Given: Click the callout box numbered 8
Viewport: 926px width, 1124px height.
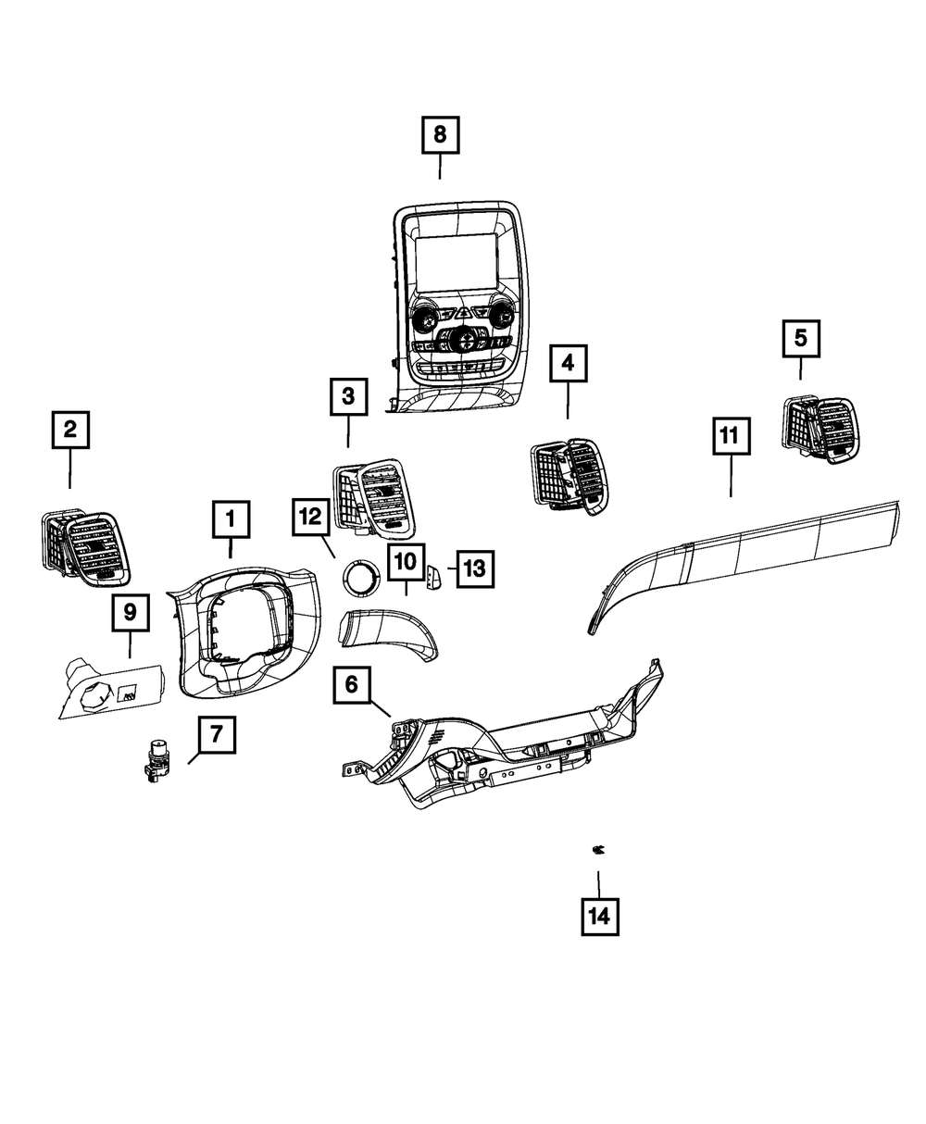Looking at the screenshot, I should (x=440, y=134).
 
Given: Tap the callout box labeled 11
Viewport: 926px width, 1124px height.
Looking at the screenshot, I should (x=731, y=435).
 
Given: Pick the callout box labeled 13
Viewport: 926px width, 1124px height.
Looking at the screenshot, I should (x=473, y=568).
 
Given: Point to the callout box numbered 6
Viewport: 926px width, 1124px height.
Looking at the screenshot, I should (x=351, y=685).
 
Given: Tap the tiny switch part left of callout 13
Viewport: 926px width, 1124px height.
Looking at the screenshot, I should (x=435, y=579).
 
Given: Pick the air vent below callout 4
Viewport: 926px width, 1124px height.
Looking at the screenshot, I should (x=567, y=474).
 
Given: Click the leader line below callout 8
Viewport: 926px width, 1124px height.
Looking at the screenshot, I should (x=440, y=168).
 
